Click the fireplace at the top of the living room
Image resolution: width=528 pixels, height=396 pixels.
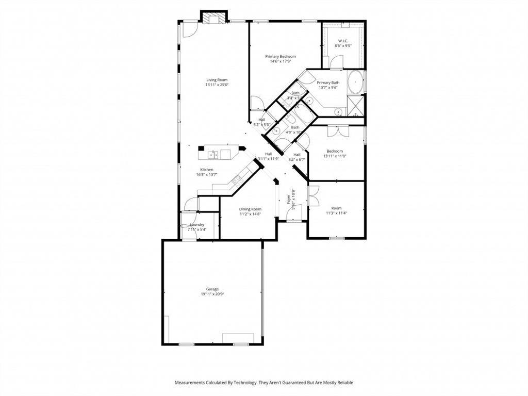coord(213,18)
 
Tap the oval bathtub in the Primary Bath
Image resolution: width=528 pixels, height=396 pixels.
coord(356,82)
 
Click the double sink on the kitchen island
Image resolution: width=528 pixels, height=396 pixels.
coord(213,154)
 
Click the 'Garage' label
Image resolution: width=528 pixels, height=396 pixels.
coord(212,289)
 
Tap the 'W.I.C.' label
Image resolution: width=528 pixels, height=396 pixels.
coord(343,41)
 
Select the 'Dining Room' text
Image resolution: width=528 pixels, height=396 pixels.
coord(250,209)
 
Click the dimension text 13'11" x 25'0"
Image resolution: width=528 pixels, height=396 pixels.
coord(217,85)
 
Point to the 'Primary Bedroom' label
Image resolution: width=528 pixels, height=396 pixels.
coord(280,56)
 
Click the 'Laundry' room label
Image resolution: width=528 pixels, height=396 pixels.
coord(197,225)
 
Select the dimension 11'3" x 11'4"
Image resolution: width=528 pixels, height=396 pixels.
coord(336,213)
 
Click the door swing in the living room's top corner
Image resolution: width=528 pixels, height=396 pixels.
coord(189,28)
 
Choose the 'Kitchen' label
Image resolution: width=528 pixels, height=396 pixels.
coord(207,170)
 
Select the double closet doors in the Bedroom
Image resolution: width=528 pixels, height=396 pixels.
coord(338,131)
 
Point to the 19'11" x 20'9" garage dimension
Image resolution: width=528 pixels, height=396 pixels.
coord(212,294)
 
